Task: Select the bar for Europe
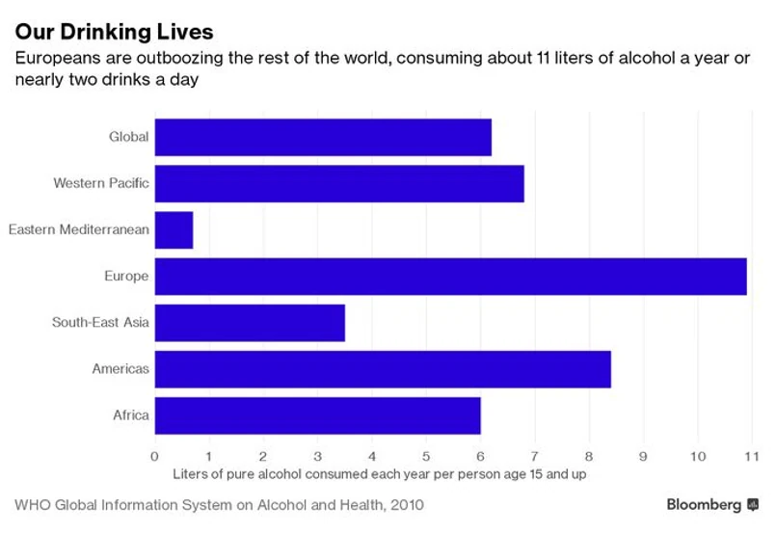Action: tap(450, 277)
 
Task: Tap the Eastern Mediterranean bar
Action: tap(174, 230)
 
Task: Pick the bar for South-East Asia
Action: tap(250, 323)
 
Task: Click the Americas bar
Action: tap(383, 369)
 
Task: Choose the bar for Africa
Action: tap(317, 415)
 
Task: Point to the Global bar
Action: tap(323, 137)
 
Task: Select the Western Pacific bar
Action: tap(339, 183)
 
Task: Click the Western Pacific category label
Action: tap(101, 183)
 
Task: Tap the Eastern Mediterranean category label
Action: tap(78, 229)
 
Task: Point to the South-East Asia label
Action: tap(100, 323)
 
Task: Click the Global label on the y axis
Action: tap(128, 137)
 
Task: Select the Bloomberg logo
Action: tap(712, 504)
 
